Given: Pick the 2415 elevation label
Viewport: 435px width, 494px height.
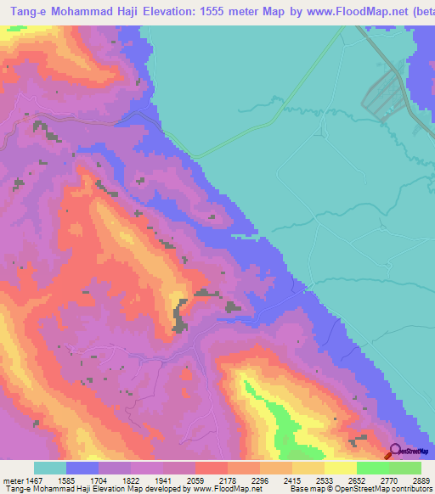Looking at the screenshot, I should tap(308, 480).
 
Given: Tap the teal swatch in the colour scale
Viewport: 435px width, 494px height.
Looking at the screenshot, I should tap(50, 468).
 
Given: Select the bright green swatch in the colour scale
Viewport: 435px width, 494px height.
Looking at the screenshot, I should tap(372, 468).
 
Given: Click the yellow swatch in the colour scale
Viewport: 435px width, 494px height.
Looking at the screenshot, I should tap(340, 468).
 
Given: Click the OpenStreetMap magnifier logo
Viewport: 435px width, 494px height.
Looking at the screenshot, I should tap(393, 452).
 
